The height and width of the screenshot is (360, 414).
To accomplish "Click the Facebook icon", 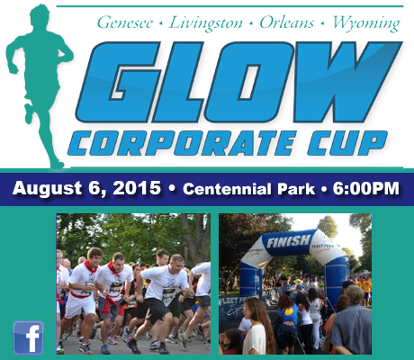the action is coord(29,338).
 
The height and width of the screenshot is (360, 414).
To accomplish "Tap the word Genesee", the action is coord(125,22).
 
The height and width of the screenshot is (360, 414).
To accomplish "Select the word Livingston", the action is coord(206,23).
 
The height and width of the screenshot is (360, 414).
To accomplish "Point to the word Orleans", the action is coord(286,22).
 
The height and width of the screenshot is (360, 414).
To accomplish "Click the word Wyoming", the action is coord(366,23).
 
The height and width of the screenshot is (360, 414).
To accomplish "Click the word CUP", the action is coord(347,143).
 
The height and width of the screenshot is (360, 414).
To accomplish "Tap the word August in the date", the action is coord(47,189).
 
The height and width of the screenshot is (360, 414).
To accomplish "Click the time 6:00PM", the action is coord(366,189).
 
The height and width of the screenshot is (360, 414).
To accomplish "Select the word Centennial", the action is coord(227,189).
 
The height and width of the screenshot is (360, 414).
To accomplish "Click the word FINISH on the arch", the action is coord(288,241).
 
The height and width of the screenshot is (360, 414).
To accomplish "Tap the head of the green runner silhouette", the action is coord(40,15).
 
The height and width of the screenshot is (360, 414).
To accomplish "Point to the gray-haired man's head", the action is coord(355,294).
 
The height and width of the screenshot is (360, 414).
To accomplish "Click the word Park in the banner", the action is coord(296,189).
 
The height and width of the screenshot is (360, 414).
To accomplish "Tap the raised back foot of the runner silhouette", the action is coord(29,113).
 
